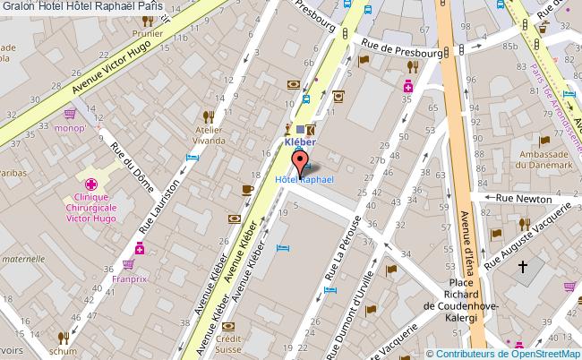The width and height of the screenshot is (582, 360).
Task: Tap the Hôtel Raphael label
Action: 304,180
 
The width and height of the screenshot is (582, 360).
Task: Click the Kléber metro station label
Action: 301,141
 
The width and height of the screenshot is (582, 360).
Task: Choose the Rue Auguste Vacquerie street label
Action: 526,235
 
